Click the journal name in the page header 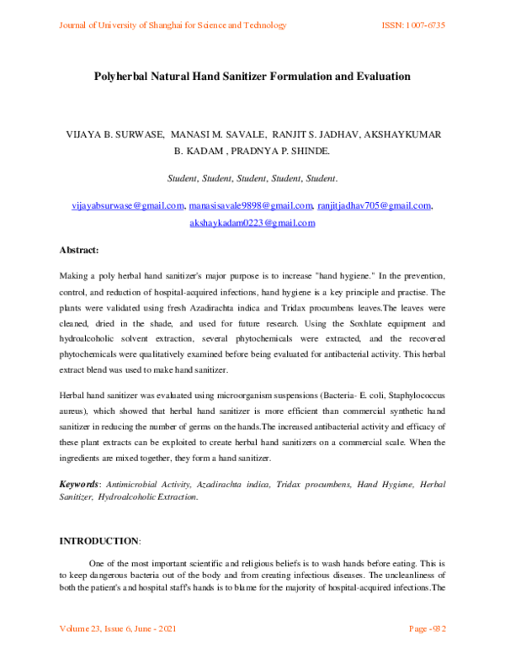[x=173, y=25]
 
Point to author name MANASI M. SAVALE [x=215, y=135]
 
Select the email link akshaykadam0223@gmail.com [x=252, y=223]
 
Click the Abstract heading [x=79, y=250]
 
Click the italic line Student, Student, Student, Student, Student [x=252, y=178]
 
